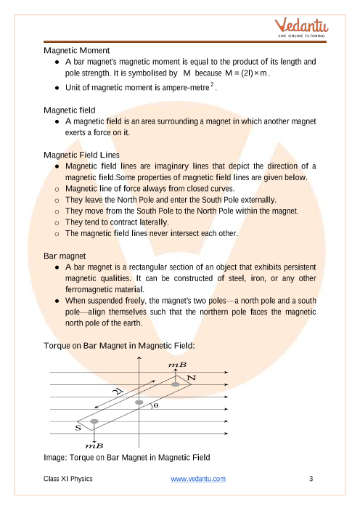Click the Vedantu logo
(301, 28)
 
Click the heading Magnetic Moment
(77, 50)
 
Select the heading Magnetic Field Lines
(81, 155)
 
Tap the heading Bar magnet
(65, 256)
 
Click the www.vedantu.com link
(198, 479)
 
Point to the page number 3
(311, 479)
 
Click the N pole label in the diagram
(192, 378)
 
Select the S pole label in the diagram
(78, 428)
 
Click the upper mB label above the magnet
(177, 365)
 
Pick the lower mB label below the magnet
(94, 445)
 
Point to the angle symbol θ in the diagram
(155, 405)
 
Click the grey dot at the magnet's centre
(139, 402)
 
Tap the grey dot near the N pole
(176, 384)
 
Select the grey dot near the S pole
(94, 421)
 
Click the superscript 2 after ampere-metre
(212, 84)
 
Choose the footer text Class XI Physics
(68, 479)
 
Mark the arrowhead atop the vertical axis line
(139, 357)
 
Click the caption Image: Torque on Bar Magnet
(127, 458)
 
